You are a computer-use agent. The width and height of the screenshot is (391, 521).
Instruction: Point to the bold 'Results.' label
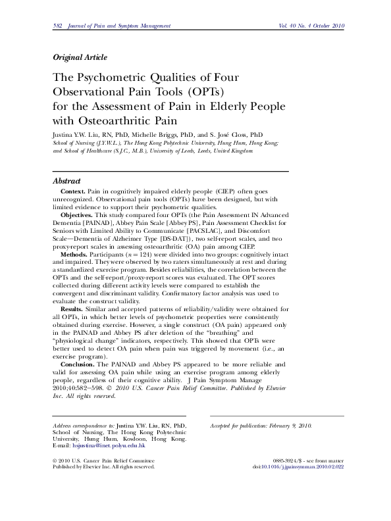72,308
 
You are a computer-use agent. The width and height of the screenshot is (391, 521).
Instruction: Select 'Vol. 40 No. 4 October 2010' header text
307,26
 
